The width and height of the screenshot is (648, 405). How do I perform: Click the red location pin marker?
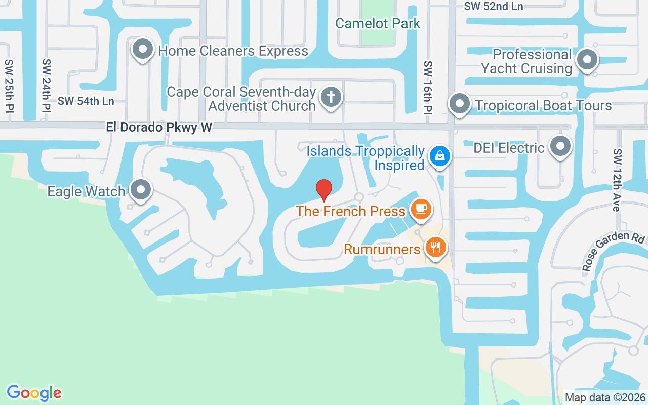(x=324, y=190)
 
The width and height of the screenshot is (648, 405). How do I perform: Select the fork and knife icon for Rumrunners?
(x=435, y=247)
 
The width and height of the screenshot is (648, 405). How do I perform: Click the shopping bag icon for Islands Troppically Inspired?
(x=440, y=156)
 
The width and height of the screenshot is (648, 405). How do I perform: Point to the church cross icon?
(x=331, y=96)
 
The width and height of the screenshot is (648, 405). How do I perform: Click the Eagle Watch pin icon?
(x=141, y=190)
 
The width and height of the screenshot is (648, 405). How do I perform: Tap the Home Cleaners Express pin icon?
(x=143, y=50)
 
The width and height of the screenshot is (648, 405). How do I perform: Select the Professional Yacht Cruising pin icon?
(x=587, y=60)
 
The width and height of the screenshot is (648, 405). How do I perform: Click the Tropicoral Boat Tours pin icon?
(x=460, y=104)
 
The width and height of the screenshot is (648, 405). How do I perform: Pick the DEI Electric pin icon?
(x=560, y=146)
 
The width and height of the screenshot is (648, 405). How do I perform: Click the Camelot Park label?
(x=378, y=23)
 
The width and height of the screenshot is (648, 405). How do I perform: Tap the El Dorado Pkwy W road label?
(x=159, y=127)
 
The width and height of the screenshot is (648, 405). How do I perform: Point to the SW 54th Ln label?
(x=86, y=101)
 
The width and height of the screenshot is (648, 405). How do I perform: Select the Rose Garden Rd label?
(x=614, y=252)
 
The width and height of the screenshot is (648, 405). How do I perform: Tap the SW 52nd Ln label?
(x=494, y=6)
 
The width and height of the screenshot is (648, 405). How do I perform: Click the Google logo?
(x=34, y=393)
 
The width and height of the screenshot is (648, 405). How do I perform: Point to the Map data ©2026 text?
(x=605, y=398)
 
